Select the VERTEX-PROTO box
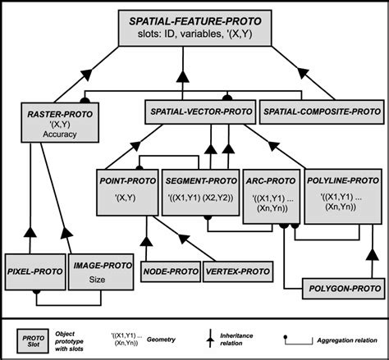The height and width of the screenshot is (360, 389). pos(238,269)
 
